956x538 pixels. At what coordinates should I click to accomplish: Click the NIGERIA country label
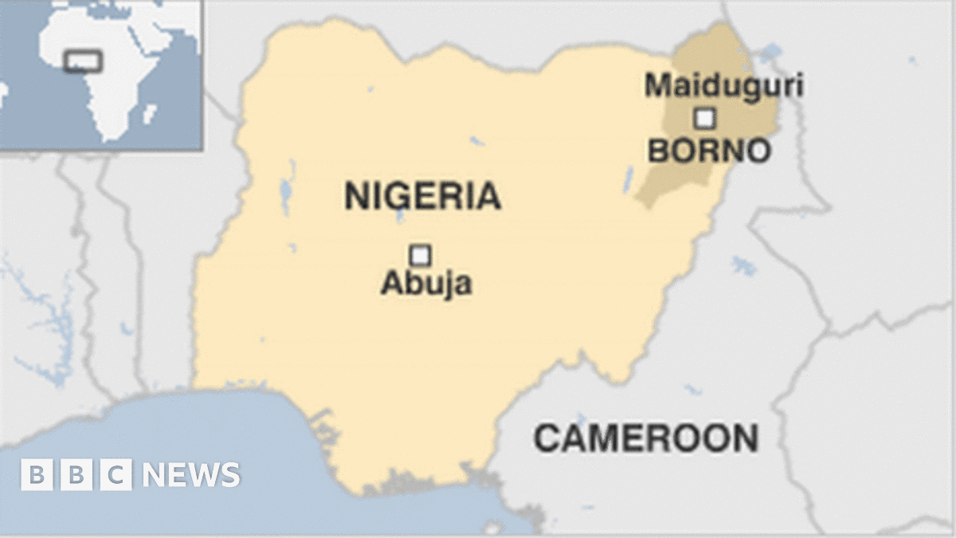422,196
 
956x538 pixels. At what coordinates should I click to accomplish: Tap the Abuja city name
425,283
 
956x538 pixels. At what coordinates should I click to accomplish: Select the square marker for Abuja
420,255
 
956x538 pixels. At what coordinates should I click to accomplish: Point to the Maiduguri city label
723,85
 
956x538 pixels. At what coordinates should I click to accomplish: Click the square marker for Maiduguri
704,119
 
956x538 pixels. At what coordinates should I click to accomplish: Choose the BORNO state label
708,151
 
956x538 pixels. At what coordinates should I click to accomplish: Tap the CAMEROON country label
645,438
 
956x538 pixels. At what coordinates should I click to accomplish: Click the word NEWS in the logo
191,475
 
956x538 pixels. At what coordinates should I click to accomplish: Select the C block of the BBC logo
116,475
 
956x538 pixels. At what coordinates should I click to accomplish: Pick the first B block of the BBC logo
37,475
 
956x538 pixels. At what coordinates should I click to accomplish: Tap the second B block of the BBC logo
76,475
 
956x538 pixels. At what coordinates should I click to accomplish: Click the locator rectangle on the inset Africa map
82,61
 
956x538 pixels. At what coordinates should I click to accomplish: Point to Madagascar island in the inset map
149,114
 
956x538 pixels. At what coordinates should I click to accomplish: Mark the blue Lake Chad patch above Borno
769,54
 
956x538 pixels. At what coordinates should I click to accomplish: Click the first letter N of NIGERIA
356,196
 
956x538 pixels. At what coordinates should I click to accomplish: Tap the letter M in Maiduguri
657,85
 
